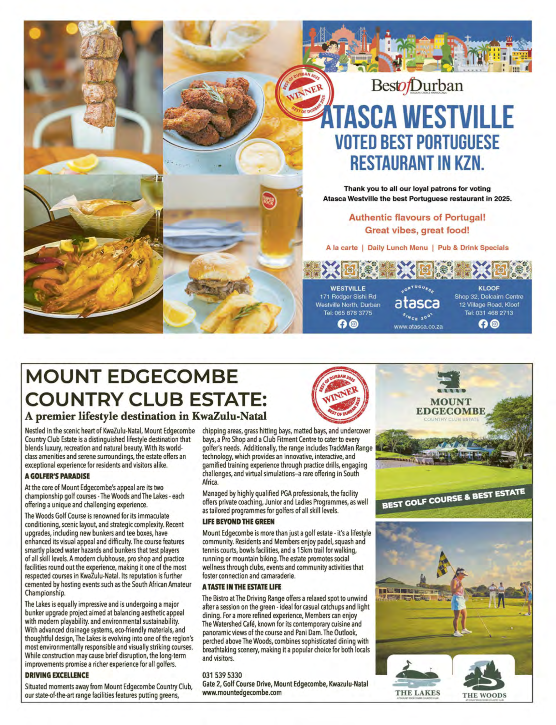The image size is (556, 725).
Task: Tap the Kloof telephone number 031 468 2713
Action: click(489, 313)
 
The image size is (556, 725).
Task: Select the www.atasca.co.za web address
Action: click(418, 327)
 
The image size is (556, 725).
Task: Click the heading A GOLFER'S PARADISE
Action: click(57, 476)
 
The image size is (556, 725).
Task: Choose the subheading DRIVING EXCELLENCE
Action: click(57, 675)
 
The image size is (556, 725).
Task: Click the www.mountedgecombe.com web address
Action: click(242, 692)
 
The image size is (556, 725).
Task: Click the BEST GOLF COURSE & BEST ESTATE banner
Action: click(453, 500)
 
